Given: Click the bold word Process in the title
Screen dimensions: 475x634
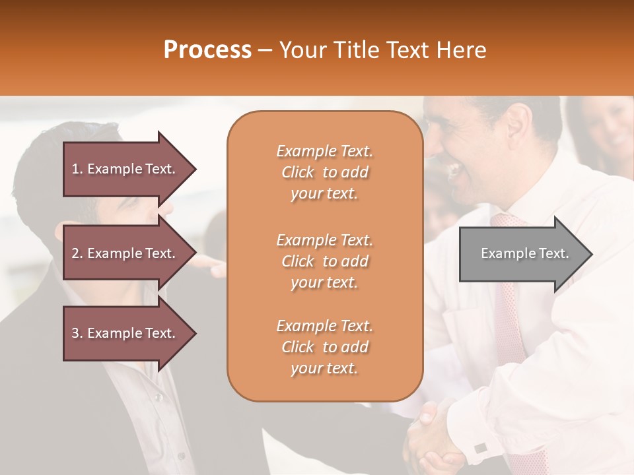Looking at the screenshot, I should tap(207, 50).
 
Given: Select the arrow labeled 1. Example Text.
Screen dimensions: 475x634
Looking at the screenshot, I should tap(125, 169).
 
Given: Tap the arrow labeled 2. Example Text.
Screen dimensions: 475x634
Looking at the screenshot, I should tap(125, 253).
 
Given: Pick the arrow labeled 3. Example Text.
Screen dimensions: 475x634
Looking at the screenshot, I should tap(125, 333).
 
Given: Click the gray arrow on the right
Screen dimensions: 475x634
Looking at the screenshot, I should tap(522, 253).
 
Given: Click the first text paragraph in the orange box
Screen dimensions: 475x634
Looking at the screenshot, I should tap(324, 172).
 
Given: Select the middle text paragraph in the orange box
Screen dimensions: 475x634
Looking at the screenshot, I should tap(324, 261).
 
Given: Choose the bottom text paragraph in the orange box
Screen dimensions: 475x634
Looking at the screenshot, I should tap(324, 347).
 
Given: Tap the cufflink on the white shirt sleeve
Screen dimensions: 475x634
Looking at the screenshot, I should tap(481, 448).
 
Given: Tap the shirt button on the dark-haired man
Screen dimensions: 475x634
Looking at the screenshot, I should tap(157, 397).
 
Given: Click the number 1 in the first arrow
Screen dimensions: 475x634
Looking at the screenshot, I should tap(75, 169).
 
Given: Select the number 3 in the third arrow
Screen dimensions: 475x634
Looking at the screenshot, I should tap(75, 333).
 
